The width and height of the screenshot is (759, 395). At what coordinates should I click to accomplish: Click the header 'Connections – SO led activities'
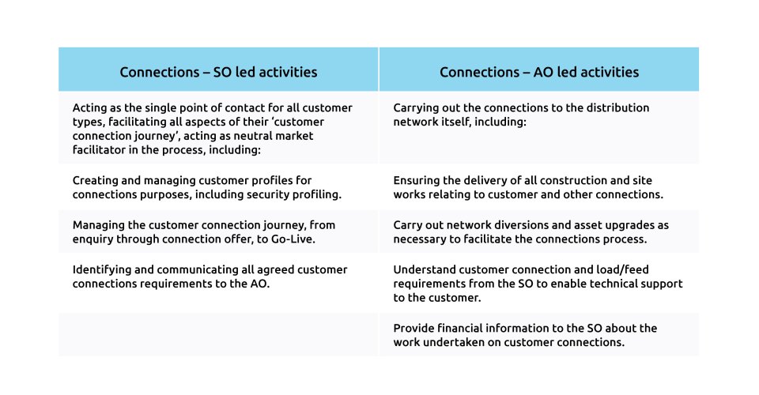point(218,72)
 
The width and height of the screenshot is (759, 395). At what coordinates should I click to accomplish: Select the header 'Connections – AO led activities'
point(539,72)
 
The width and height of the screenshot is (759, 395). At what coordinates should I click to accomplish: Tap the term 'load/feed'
point(625,269)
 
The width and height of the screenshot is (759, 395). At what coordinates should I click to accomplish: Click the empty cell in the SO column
point(218,335)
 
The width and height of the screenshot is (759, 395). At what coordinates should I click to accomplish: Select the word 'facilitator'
point(99,150)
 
